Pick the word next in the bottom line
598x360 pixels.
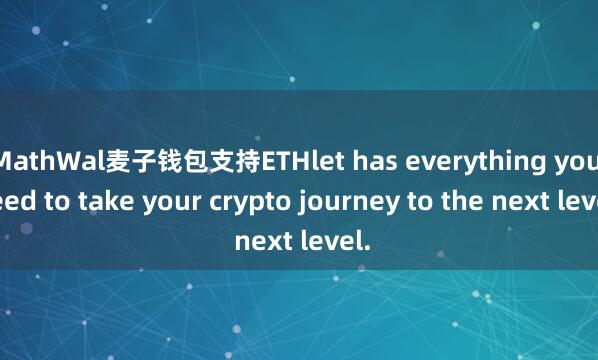pos(262,241)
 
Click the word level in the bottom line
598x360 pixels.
pos(329,241)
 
